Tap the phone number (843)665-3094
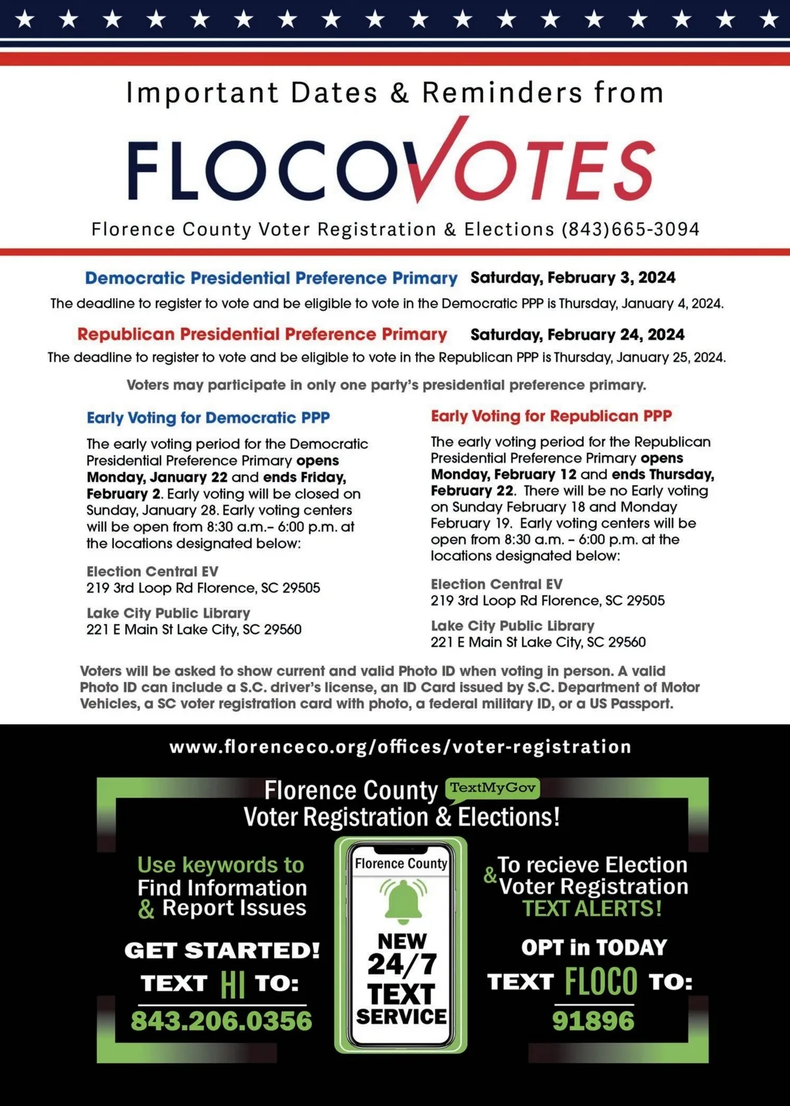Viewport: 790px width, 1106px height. pos(630,229)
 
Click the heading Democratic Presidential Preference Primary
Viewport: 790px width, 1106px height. pos(271,278)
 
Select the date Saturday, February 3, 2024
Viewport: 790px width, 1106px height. pos(573,278)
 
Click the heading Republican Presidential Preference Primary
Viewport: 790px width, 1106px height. pos(262,334)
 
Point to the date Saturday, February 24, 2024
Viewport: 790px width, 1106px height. pos(577,334)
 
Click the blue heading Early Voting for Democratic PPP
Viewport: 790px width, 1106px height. pos(208,418)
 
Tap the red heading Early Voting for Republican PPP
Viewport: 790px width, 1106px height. pos(551,416)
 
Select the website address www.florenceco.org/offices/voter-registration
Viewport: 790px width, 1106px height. pos(400,747)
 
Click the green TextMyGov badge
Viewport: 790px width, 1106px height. pos(492,788)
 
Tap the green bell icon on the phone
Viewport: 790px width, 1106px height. pos(402,899)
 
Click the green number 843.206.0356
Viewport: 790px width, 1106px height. pos(221,1021)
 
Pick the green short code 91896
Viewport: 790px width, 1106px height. pos(593,1021)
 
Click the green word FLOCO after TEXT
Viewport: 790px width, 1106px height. pos(600,982)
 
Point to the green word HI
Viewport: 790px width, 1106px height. pos(232,984)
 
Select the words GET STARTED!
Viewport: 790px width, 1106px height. pos(222,950)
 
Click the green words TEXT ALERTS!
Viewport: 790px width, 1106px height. pos(592,908)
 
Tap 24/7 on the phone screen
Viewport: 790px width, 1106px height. pos(402,964)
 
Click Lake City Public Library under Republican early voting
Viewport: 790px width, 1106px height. pos(512,625)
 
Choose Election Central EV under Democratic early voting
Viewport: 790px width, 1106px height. pos(152,571)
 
